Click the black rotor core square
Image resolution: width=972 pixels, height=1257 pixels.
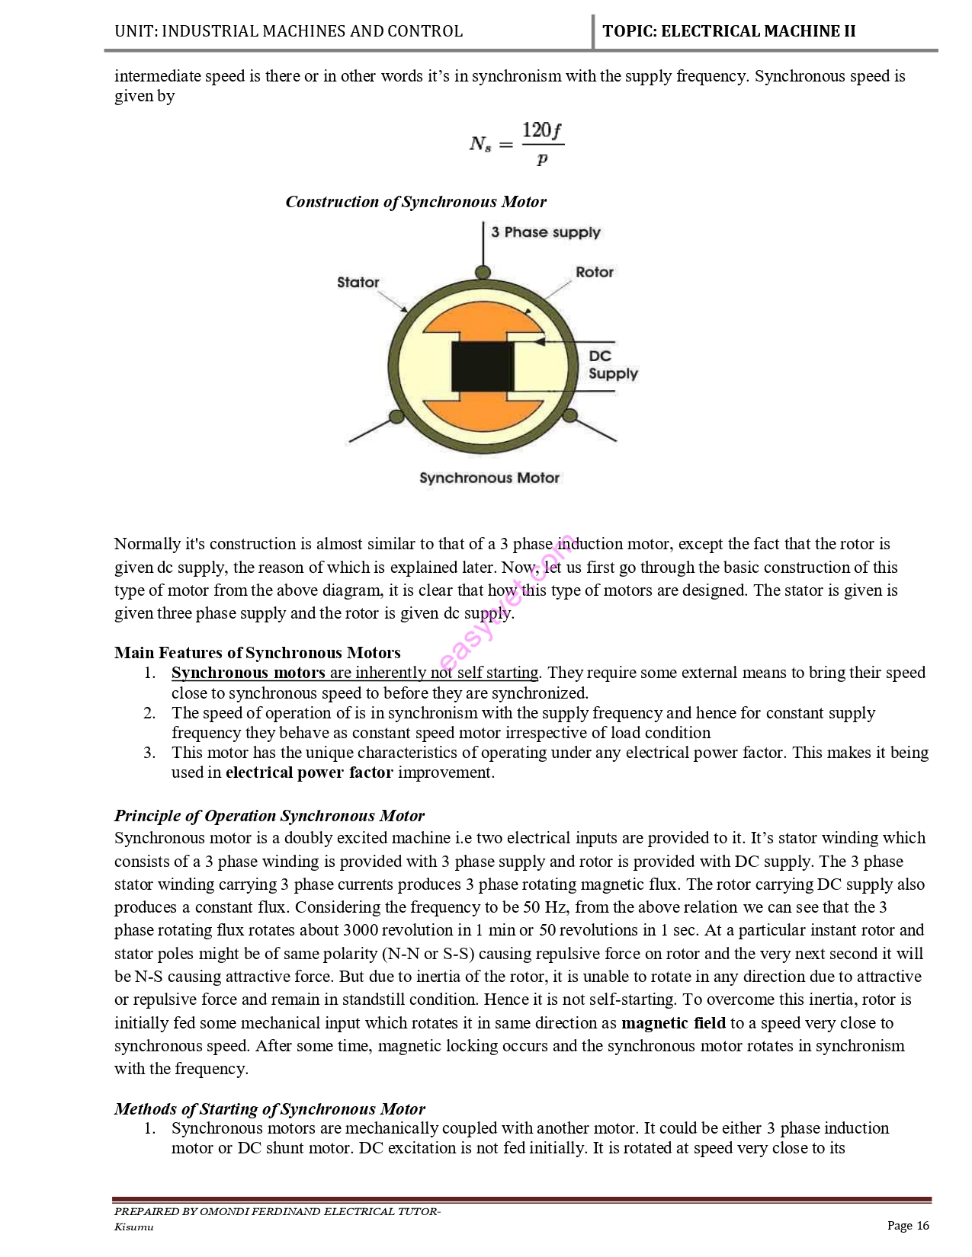483,366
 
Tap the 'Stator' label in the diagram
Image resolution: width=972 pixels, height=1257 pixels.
358,283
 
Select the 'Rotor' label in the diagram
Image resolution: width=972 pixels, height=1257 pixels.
594,272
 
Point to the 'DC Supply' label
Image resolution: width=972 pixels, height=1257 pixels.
611,365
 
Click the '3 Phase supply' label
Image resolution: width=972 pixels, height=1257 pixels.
545,232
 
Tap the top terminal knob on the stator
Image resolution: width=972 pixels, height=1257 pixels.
483,272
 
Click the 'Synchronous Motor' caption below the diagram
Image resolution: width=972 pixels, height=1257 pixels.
489,478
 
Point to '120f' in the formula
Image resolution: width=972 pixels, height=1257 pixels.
541,130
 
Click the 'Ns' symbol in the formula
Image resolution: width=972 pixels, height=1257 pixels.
480,143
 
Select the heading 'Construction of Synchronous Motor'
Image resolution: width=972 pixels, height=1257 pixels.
415,202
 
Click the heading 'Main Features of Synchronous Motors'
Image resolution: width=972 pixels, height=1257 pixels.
257,653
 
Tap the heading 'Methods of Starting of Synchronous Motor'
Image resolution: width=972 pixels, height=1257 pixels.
269,1108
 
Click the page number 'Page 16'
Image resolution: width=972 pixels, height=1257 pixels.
908,1225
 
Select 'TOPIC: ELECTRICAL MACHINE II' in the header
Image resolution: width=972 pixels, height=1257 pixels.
729,31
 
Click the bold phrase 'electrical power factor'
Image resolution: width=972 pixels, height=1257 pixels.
309,772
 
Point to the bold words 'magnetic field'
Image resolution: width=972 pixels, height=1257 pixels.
673,1023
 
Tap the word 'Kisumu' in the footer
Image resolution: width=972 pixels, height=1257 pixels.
134,1227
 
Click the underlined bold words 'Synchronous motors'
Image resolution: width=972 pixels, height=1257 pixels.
249,673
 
